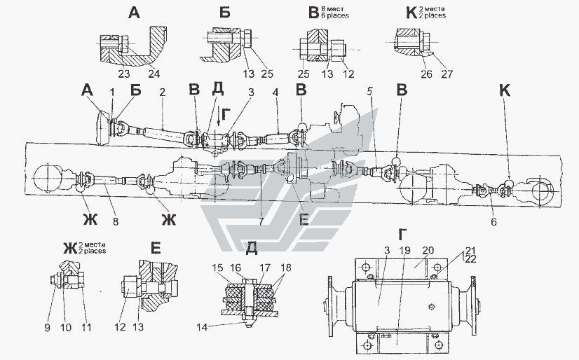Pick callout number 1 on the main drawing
pyautogui.click(x=111, y=92)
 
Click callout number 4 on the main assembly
pyautogui.click(x=277, y=92)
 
